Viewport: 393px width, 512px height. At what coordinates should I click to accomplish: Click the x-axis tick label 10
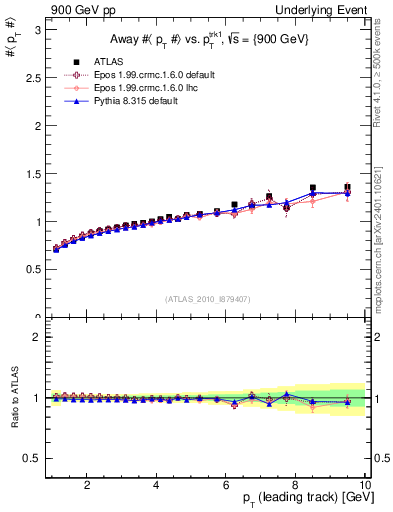coord(364,486)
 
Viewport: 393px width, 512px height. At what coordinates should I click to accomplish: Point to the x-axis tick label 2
coord(87,486)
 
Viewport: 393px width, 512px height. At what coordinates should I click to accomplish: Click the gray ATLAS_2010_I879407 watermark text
coord(207,299)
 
